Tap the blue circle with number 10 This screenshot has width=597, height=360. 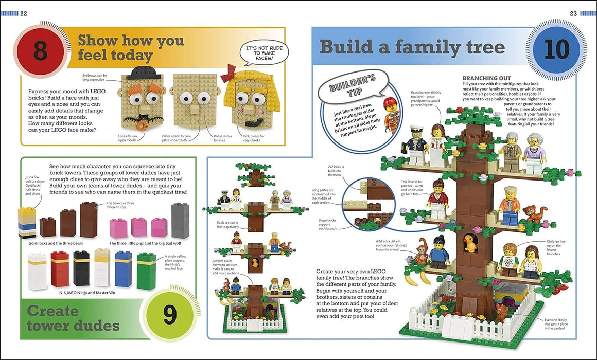pyautogui.click(x=556, y=50)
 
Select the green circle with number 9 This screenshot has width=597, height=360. pyautogui.click(x=170, y=315)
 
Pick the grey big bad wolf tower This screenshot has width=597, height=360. pyautogui.click(x=180, y=221)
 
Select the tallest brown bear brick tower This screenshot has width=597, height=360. pyautogui.click(x=89, y=220)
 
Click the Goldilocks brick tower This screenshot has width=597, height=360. pyautogui.click(x=27, y=223)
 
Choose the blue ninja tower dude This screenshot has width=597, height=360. pyautogui.click(x=124, y=268)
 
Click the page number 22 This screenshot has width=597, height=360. pyautogui.click(x=23, y=13)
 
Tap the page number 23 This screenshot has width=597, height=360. pyautogui.click(x=573, y=13)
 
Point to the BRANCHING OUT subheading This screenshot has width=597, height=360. pyautogui.click(x=486, y=78)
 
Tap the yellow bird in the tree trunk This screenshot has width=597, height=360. pyautogui.click(x=469, y=243)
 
